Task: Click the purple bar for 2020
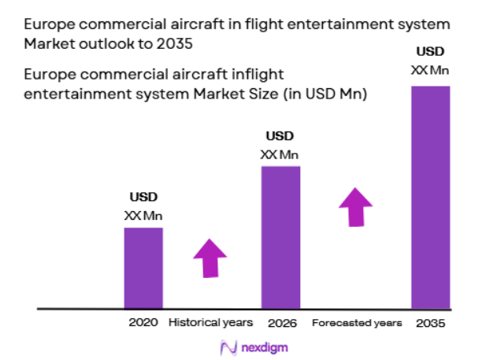point(143,267)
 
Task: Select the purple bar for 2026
point(280,236)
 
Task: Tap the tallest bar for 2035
point(431,196)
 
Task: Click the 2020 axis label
point(143,323)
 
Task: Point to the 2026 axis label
point(280,323)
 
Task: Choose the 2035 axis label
point(431,323)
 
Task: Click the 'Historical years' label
point(211,323)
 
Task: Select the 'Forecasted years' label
point(357,323)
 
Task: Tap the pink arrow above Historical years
point(210,257)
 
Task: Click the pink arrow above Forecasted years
point(356,207)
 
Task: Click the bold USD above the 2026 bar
point(280,135)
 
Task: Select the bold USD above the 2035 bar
point(430,53)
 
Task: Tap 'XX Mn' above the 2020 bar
point(143,215)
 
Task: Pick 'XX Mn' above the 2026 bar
point(280,154)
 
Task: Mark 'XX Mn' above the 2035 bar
point(430,70)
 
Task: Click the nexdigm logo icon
point(228,346)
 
